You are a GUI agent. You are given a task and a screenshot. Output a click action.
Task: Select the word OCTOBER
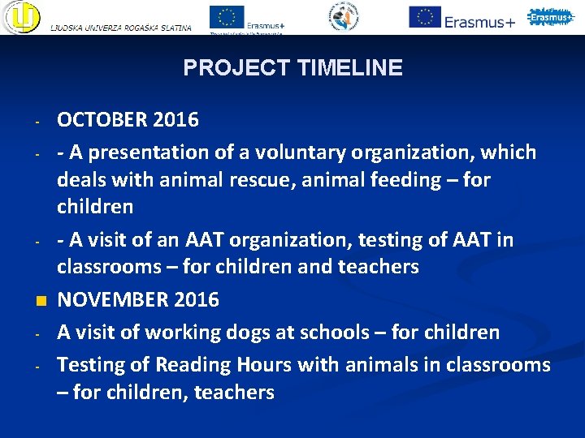click(x=103, y=120)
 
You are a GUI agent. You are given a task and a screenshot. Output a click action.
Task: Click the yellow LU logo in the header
click(x=21, y=18)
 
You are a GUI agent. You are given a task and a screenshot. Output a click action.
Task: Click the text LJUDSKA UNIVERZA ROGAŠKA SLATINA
click(x=121, y=28)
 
